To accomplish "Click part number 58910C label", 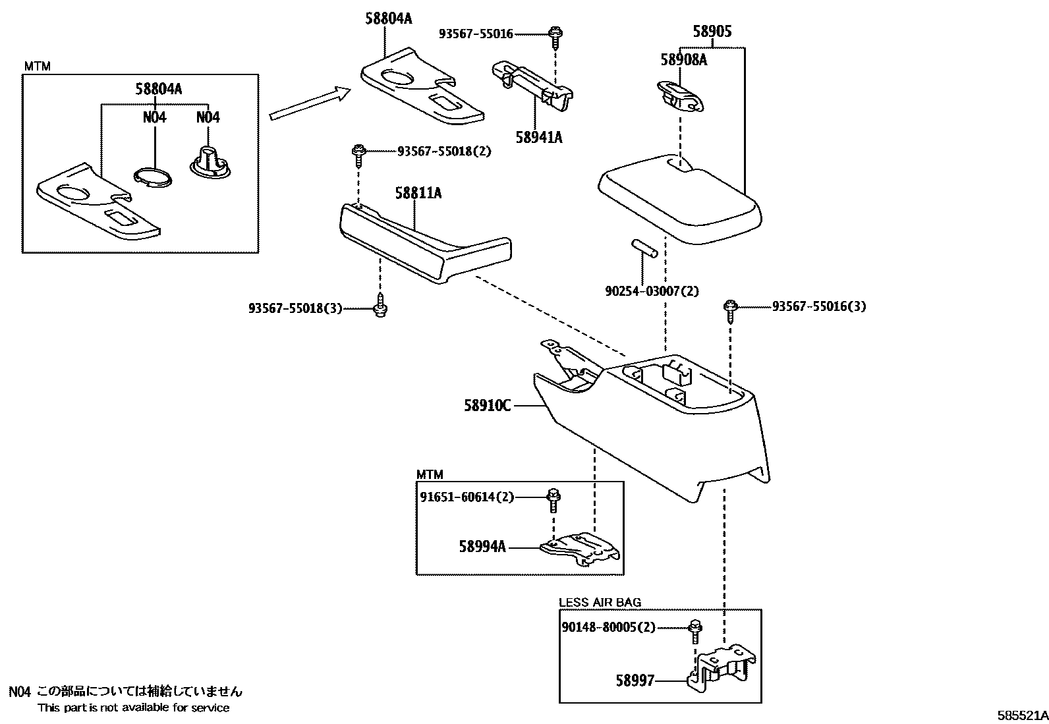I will pos(487,406).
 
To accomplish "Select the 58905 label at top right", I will pos(712,32).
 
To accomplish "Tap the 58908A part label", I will pos(683,60).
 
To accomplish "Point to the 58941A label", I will pos(539,138).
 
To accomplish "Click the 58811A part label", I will pos(418,193).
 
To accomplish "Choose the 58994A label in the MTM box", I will pos(482,546).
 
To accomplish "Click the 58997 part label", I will pos(635,680).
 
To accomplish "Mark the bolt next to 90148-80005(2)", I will pos(695,630).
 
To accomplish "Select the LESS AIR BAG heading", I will pos(600,602).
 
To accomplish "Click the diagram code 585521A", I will pos(1021,715).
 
